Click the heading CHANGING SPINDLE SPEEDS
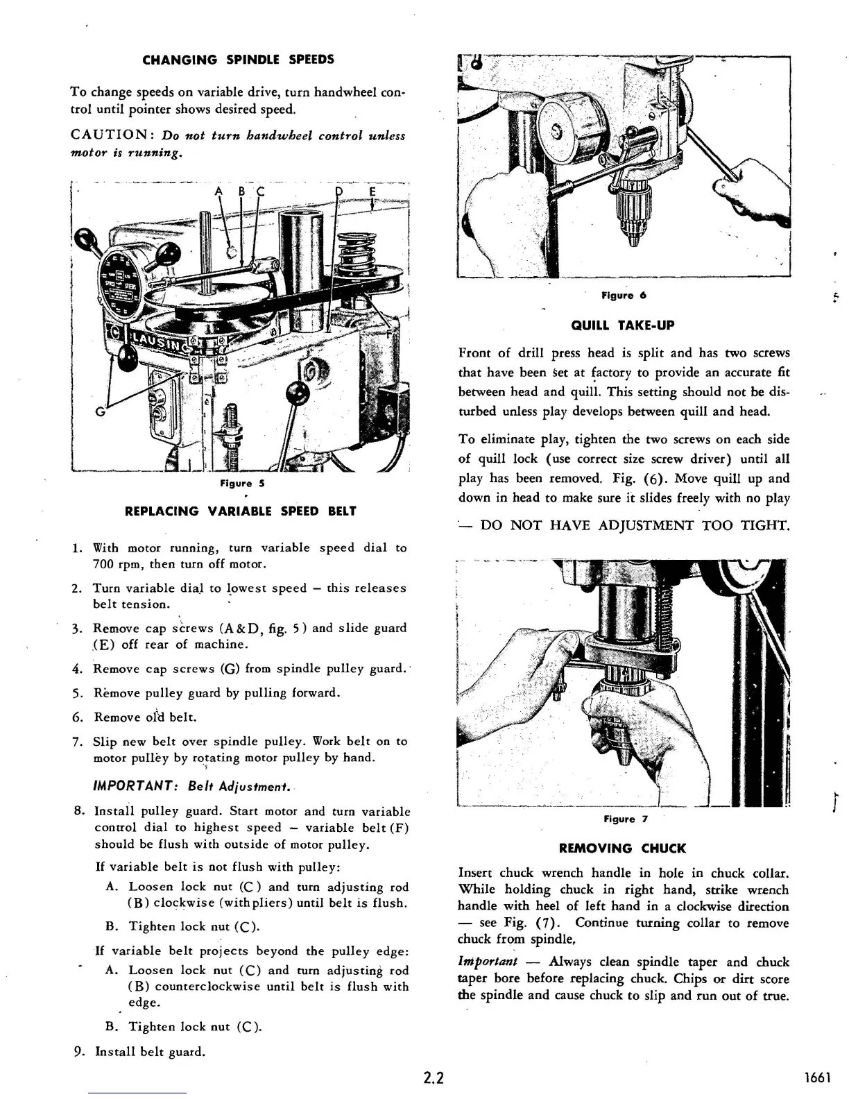[238, 60]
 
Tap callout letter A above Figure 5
[218, 191]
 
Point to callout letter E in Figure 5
[372, 191]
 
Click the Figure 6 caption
[624, 296]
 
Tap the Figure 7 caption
[624, 819]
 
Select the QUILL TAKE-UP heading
[622, 325]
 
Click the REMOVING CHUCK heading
[622, 848]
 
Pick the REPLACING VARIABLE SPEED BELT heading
[240, 511]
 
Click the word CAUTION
[104, 135]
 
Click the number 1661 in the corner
[818, 1078]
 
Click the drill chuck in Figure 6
[633, 207]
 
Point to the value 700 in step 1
[104, 564]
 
